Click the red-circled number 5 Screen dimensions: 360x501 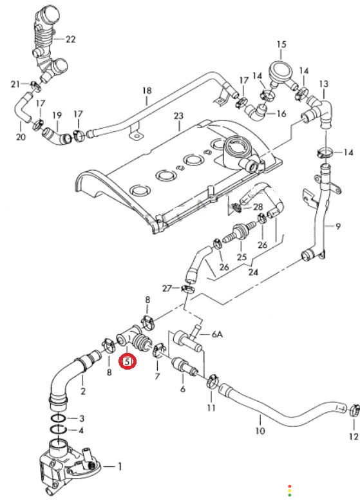tap(128, 362)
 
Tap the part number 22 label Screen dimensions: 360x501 tap(71, 39)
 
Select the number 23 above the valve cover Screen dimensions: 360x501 tap(178, 116)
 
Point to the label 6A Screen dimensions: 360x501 tap(217, 334)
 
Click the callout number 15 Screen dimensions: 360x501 tap(281, 44)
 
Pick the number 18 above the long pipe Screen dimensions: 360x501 tap(147, 91)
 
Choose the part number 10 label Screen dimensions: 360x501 tap(260, 431)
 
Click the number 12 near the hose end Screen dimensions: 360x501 tap(354, 437)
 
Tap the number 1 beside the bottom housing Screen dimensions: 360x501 tap(120, 467)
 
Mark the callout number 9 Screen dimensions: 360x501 tap(338, 227)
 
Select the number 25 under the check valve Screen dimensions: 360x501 tap(242, 257)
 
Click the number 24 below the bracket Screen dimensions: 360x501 tap(253, 272)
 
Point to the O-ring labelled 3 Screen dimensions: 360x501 tap(59, 417)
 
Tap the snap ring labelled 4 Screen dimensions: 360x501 tap(58, 429)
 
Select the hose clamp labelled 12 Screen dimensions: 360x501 tap(354, 410)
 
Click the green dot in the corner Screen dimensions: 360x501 tap(290, 495)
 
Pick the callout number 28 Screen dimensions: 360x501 tap(258, 207)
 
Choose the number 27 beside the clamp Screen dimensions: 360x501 tap(167, 288)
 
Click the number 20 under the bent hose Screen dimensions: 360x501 tap(21, 137)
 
